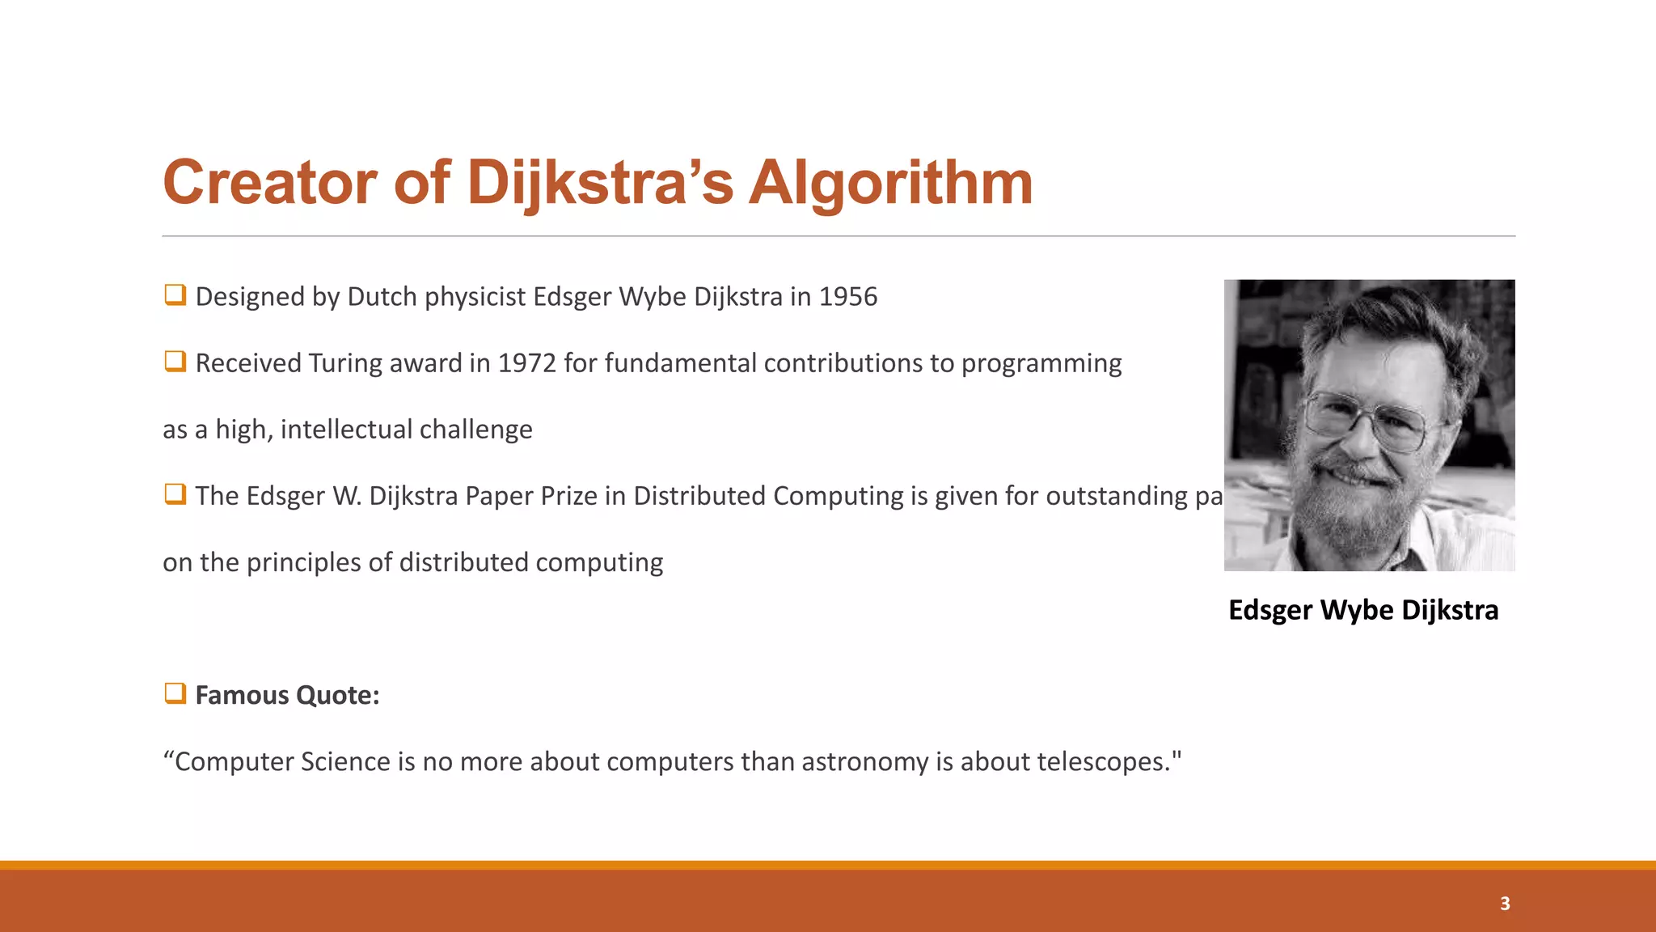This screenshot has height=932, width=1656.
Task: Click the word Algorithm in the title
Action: [x=890, y=183]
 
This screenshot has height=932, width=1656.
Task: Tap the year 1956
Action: [x=847, y=297]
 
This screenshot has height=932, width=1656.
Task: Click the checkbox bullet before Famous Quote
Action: [x=175, y=693]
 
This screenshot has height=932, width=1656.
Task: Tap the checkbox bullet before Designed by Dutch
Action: [x=175, y=294]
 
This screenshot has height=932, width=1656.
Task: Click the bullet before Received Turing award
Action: [x=175, y=361]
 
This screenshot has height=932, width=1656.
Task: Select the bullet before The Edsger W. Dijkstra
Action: [x=175, y=494]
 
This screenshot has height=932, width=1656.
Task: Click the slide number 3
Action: [x=1505, y=904]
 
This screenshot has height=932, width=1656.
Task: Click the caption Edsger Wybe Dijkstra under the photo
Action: [x=1363, y=610]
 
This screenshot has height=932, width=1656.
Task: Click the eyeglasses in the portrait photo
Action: [x=1367, y=418]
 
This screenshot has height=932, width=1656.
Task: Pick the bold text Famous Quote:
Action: [x=287, y=695]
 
